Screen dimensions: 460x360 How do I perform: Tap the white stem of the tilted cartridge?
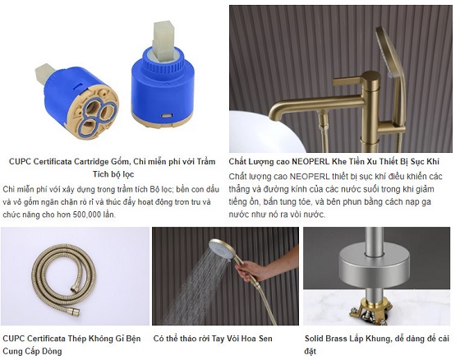coord(45,74)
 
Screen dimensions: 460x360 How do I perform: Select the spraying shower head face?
coord(223,249)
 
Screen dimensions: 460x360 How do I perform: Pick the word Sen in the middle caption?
coord(265,339)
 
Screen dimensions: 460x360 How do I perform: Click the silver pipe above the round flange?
coord(373,241)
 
